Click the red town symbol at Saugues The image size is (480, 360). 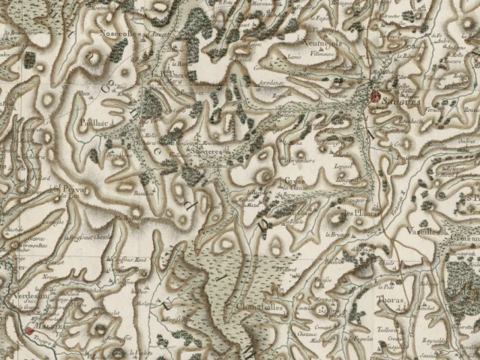(x=375, y=95)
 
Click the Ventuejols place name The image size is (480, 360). (x=322, y=43)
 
